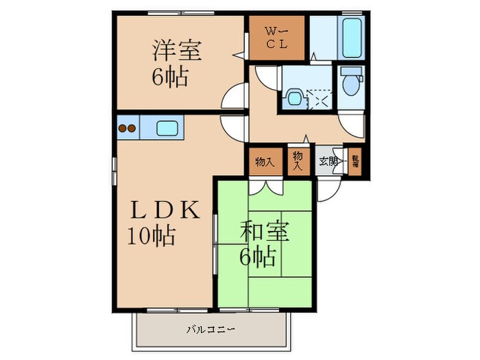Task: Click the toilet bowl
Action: click(351, 84)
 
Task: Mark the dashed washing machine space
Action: click(319, 100)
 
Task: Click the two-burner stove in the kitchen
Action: click(128, 128)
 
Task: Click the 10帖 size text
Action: click(151, 237)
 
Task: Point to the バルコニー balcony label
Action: click(211, 330)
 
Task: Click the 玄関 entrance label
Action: click(328, 163)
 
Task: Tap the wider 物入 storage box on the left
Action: click(265, 163)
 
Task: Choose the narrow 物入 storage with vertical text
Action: click(298, 162)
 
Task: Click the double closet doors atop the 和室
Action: click(265, 186)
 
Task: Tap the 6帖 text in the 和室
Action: click(257, 257)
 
